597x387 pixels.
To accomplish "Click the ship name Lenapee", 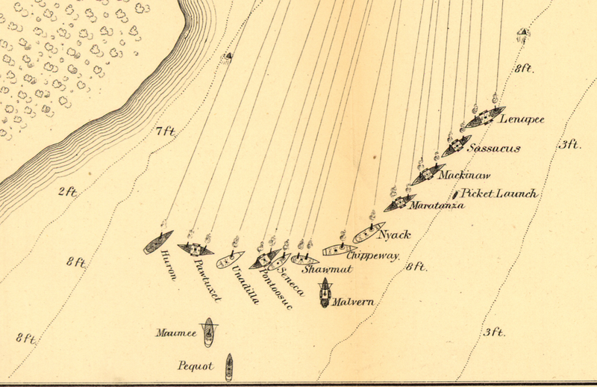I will point(522,120).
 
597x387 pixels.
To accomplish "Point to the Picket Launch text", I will point(499,194).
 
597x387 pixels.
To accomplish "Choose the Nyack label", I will point(395,235).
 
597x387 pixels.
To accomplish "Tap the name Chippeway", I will point(374,256).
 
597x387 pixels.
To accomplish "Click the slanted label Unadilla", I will point(244,287).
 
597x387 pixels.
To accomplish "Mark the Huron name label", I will point(167,266).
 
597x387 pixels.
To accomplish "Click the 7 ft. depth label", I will point(165,132).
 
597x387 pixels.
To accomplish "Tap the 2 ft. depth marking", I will point(68,192).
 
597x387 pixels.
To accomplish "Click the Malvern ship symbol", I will point(325,293).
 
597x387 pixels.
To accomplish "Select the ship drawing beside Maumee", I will point(209,333).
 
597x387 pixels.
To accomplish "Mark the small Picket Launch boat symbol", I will point(456,195).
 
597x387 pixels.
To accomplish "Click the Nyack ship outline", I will point(369,232).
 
